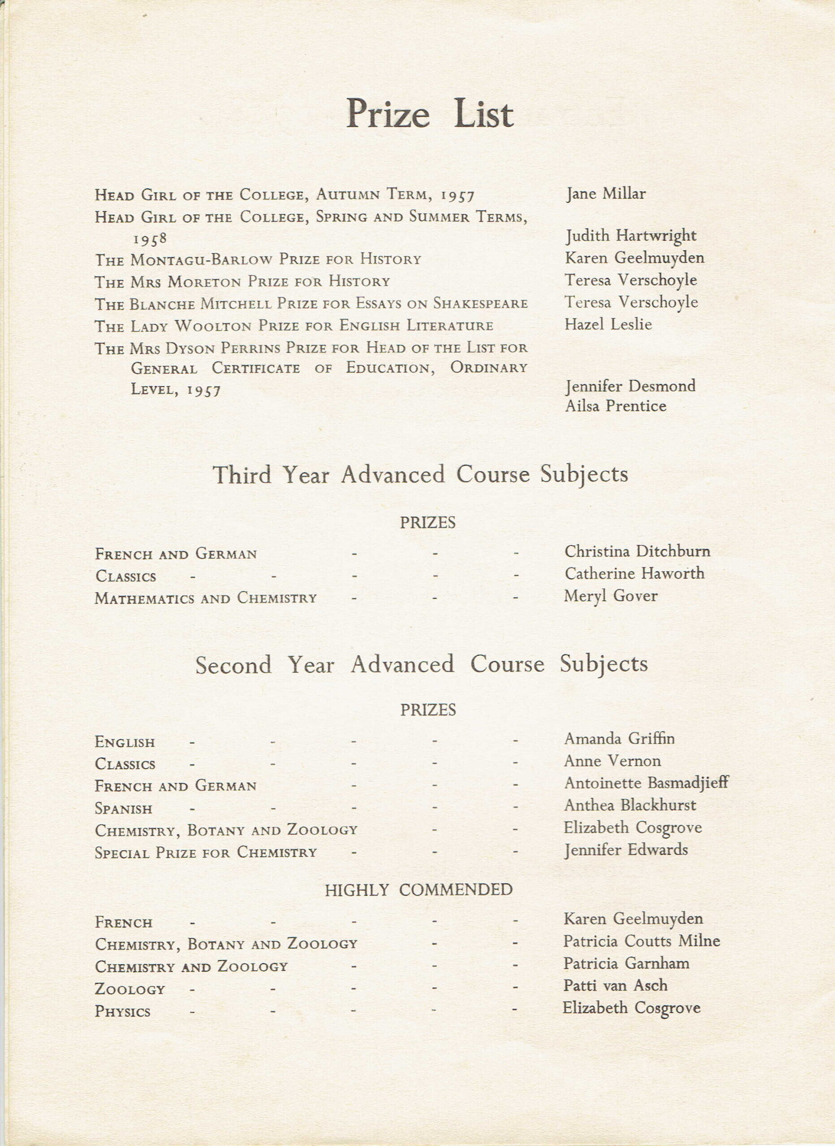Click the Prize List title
(x=430, y=114)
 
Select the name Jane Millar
(x=605, y=193)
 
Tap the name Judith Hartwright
(x=631, y=236)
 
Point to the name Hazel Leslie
(x=608, y=324)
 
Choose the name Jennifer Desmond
(x=630, y=386)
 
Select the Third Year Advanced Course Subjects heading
(x=420, y=475)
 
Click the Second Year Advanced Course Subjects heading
(x=421, y=664)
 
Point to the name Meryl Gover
(x=611, y=596)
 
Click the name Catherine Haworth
(x=634, y=573)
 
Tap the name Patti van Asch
(x=615, y=985)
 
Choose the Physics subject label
(x=122, y=1012)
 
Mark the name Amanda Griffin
(x=619, y=739)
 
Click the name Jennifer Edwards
(x=626, y=850)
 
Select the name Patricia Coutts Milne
(x=641, y=941)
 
